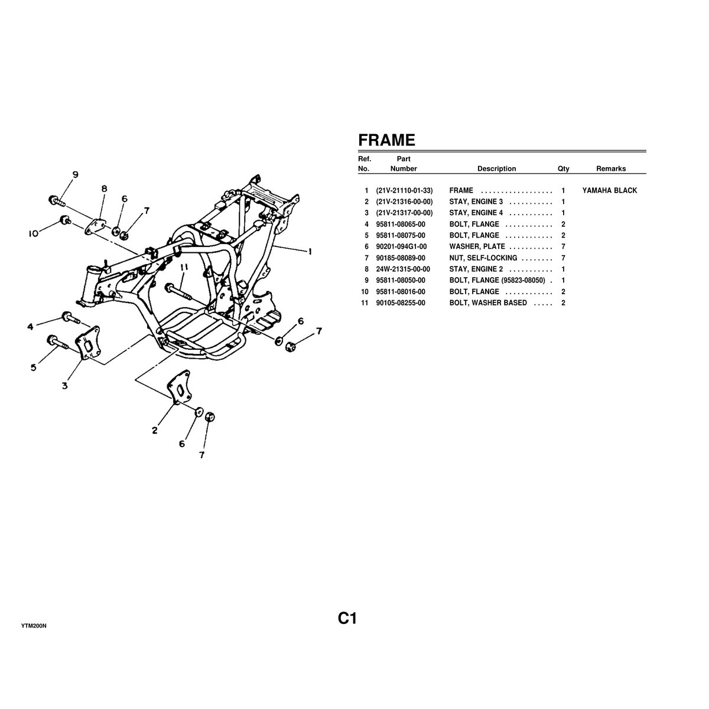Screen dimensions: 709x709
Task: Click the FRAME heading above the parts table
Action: [386, 140]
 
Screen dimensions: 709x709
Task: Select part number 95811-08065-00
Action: [401, 224]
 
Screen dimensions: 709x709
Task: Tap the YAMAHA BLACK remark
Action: [609, 190]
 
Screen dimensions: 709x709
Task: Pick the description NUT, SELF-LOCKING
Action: [483, 258]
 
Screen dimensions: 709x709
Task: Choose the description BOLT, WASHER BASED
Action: [488, 303]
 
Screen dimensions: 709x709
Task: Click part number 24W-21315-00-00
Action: [403, 269]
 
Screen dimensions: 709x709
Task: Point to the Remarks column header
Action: [611, 168]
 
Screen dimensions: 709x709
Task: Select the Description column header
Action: [496, 168]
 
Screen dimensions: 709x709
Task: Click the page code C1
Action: [347, 619]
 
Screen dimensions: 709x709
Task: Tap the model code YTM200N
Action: [34, 626]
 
